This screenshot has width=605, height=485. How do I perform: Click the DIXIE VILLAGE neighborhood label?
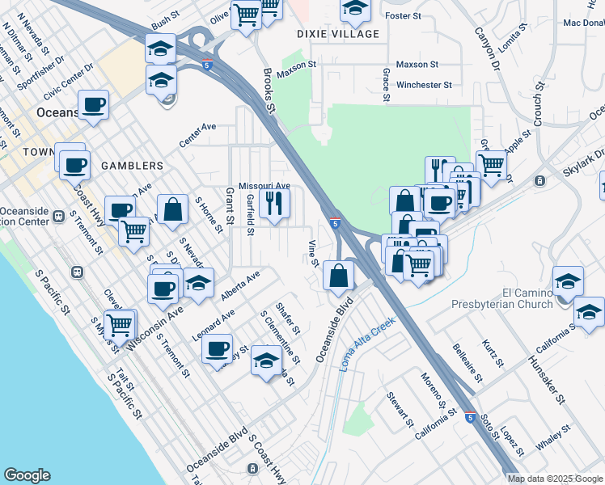pos(338,34)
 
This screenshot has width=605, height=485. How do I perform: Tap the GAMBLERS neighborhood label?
pos(133,166)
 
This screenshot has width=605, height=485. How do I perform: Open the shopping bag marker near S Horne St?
pos(173,209)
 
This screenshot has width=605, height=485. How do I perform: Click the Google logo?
pos(27,475)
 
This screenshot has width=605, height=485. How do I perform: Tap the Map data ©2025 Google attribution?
pos(555,479)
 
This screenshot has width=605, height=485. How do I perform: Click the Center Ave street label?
pos(198,134)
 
